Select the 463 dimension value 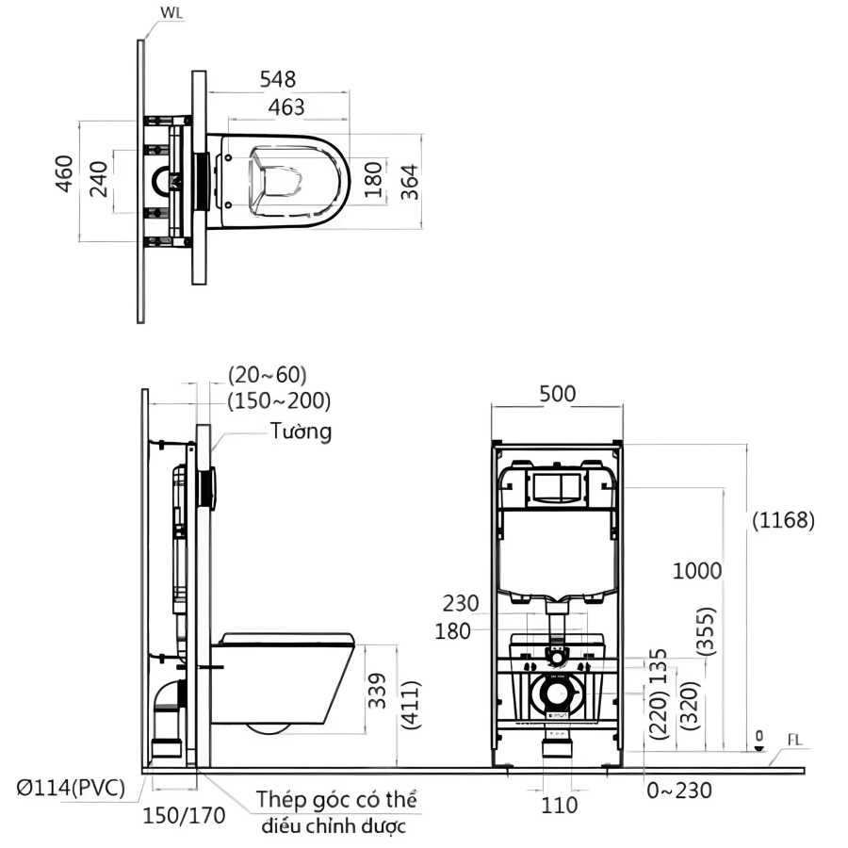(286, 107)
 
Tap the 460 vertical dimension (64, 174)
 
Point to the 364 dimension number (407, 181)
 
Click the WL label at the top (171, 13)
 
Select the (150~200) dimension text (279, 400)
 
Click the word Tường (301, 432)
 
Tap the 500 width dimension (558, 394)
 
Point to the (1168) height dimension (783, 520)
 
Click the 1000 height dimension (697, 570)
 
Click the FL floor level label (795, 742)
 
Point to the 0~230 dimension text (679, 790)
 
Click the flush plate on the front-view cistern (558, 487)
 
